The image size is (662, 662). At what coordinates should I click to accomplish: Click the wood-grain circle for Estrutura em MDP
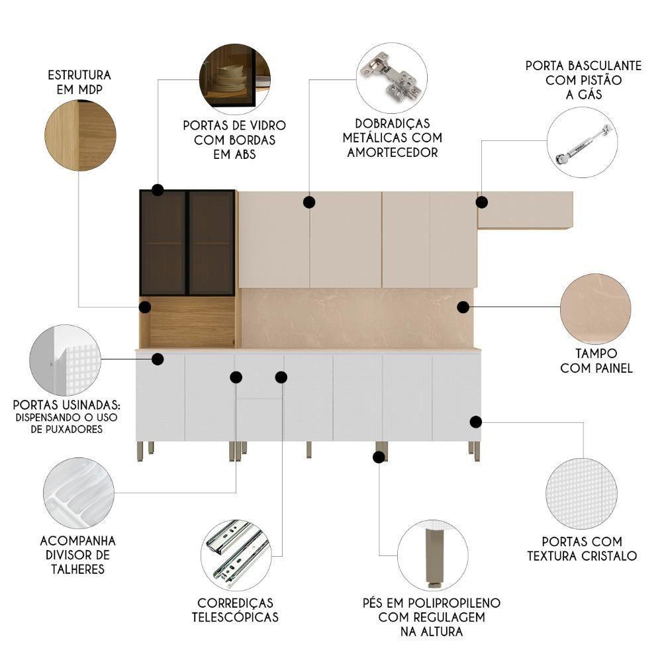(x=80, y=136)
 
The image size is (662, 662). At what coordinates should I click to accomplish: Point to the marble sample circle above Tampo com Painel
(x=595, y=308)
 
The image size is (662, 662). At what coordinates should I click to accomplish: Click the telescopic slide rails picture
(x=236, y=553)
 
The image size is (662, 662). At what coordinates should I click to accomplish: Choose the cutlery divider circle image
(x=78, y=493)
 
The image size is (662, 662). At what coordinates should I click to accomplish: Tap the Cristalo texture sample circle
(x=581, y=493)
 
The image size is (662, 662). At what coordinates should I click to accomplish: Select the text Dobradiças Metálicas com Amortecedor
(x=390, y=138)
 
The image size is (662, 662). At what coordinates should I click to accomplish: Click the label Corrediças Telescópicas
(x=235, y=610)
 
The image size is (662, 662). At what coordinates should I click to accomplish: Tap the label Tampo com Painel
(x=596, y=361)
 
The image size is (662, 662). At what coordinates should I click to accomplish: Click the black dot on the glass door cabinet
(x=158, y=190)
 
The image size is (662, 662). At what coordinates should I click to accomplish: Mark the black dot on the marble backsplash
(x=463, y=307)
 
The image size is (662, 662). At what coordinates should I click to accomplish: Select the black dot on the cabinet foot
(x=379, y=457)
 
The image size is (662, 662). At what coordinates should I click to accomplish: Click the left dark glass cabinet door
(x=164, y=242)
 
